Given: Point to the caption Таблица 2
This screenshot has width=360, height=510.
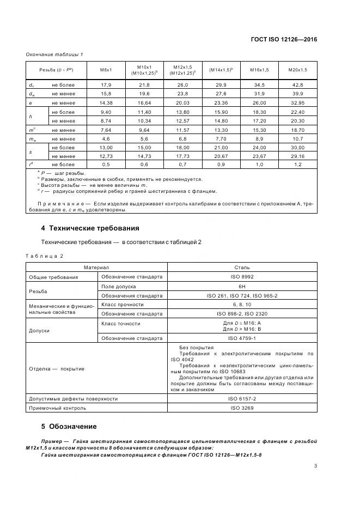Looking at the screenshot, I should [x=45, y=256].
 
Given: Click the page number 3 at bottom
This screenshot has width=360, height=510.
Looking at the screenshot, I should [x=316, y=466].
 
